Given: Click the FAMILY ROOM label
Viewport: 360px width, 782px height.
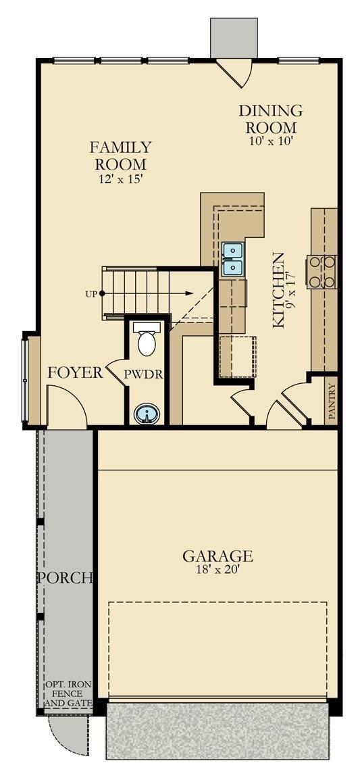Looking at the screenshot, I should point(122,155).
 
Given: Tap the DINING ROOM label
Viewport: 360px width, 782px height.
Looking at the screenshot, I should point(270,119).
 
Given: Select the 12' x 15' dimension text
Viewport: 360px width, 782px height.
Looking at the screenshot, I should point(122,180).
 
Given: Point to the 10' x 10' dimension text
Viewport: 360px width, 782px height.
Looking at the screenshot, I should point(270,142).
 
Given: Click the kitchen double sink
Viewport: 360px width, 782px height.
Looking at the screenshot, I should point(232,260).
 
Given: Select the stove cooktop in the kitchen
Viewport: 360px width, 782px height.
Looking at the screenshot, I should point(322,272).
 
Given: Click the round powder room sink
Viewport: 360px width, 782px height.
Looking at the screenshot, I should point(147,412).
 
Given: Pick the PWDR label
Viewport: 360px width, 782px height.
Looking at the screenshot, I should point(144,374).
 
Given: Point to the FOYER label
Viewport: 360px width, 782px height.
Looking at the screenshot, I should point(75,372).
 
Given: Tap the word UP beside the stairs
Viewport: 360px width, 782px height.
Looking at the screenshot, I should point(90,294).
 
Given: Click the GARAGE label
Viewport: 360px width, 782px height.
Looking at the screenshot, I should point(217,556).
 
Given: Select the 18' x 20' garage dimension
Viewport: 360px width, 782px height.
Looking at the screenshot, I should point(217,570).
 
